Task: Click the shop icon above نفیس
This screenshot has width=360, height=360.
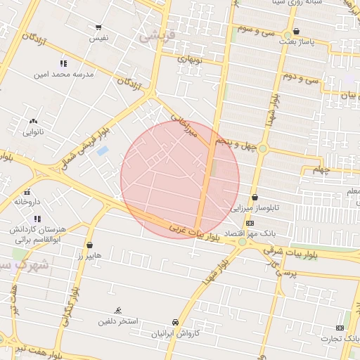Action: pos(98,27)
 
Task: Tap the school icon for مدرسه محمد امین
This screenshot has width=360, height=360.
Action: pos(64,63)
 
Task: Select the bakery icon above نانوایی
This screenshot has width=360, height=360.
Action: pos(33,122)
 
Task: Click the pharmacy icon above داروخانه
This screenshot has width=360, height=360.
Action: pos(27,192)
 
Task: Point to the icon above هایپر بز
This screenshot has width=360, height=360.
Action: pos(89,245)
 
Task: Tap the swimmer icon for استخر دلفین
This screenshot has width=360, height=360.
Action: pos(118,311)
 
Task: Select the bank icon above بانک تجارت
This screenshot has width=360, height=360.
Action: pos(340,328)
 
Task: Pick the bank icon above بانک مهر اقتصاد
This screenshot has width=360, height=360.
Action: pos(250,223)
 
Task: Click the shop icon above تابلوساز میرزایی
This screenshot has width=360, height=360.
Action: pos(254,198)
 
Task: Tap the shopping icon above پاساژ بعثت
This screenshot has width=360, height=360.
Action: pos(296,32)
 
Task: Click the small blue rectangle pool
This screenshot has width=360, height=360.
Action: pos(103,150)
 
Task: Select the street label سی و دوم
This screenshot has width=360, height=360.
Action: pos(301,77)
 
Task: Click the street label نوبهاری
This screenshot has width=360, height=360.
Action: pos(190,60)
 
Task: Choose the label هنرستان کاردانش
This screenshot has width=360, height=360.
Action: pos(37,229)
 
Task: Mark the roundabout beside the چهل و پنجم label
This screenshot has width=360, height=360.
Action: pos(263,148)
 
